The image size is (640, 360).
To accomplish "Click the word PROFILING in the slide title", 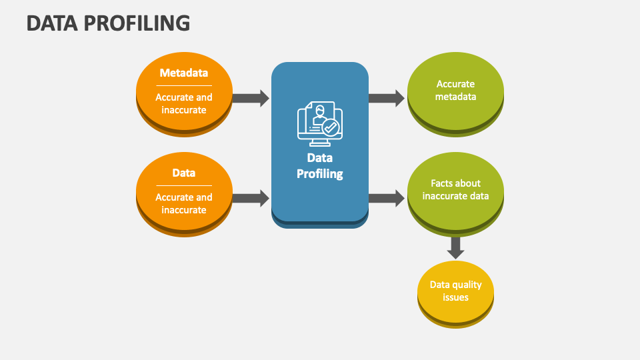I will tap(139, 23).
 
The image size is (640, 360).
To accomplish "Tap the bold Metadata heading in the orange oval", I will tap(184, 73).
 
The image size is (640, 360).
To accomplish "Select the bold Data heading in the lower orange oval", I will tap(184, 173).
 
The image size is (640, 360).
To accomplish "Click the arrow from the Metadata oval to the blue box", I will tap(251, 99).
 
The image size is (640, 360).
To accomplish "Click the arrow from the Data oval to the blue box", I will tap(251, 198).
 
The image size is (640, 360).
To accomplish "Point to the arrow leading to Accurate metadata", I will tap(387, 99).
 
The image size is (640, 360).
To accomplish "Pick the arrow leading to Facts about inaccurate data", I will tap(387, 198).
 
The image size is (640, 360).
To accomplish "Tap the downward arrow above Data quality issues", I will tap(455, 247).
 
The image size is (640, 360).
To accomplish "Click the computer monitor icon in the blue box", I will tap(319, 124).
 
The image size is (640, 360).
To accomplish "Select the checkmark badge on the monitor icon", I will tap(331, 127).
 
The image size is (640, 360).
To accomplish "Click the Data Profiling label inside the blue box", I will tap(319, 166).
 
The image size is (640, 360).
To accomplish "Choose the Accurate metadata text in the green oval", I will tap(455, 90).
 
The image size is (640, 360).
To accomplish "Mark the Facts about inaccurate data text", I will tap(455, 189).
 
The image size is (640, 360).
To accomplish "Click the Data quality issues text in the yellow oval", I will tap(455, 291).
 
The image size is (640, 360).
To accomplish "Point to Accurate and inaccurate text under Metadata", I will tap(184, 103).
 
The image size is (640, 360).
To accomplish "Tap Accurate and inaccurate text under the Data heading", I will tap(184, 203).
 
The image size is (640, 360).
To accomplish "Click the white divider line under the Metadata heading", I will tap(184, 85).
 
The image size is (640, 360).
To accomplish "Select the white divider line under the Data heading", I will tap(184, 185).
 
